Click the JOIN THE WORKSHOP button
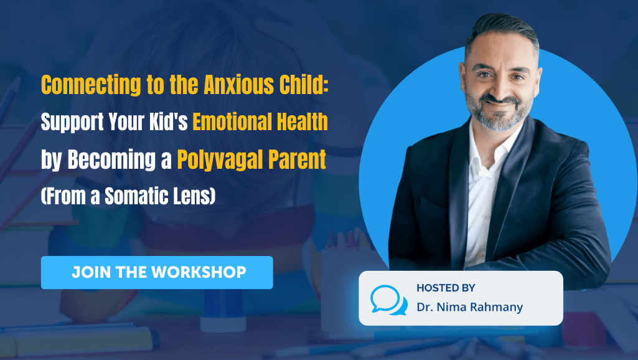pos(157,272)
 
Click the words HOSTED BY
pos(446,288)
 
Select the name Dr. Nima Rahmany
pos(471,306)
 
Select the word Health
pos(302,123)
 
